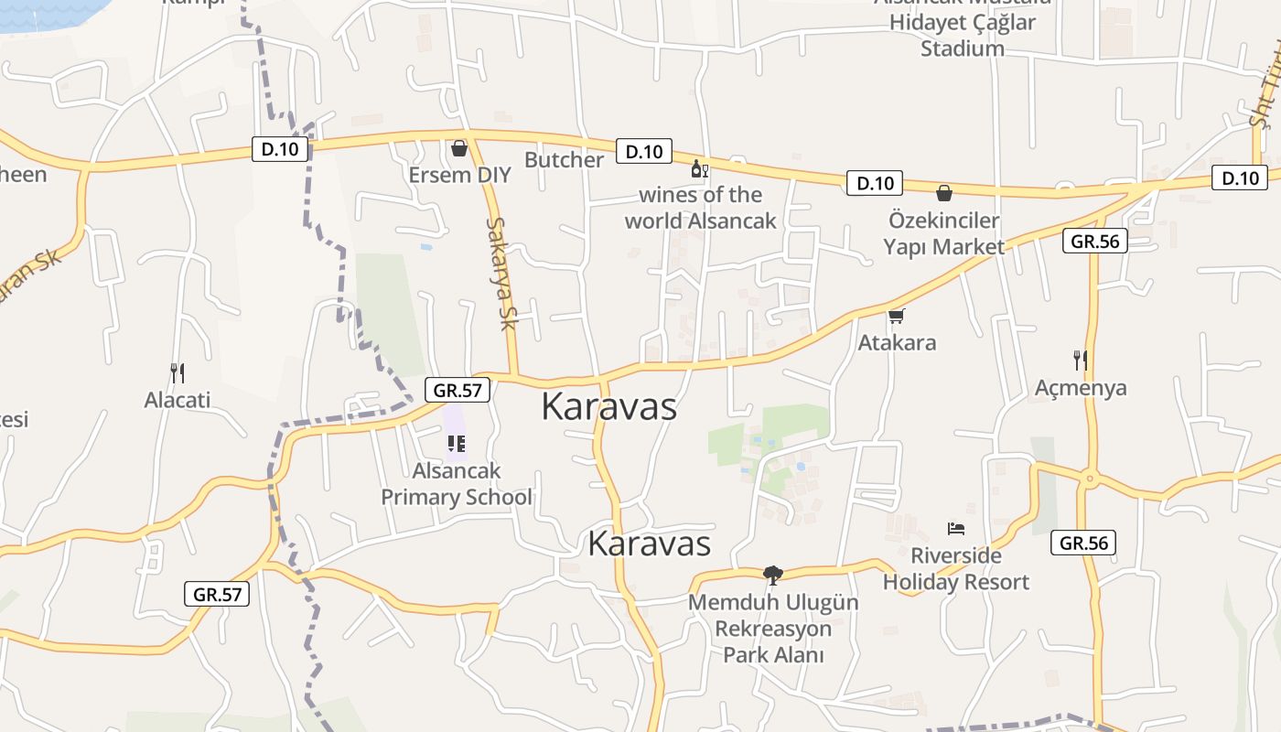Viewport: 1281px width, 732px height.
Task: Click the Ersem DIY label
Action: [x=460, y=175]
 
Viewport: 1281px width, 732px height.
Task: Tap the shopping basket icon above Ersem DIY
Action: [x=459, y=147]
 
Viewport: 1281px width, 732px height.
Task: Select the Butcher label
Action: [x=564, y=160]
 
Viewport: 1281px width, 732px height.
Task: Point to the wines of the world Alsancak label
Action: [x=700, y=208]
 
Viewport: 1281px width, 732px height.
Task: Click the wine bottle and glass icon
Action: [x=700, y=169]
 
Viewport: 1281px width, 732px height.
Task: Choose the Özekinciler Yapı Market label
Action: [x=943, y=233]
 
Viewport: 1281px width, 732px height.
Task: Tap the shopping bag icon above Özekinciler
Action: [x=944, y=193]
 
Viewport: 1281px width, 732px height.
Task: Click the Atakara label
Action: [x=897, y=343]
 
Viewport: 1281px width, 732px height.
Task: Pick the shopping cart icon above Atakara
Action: [x=897, y=317]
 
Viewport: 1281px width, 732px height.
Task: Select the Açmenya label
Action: [x=1081, y=388]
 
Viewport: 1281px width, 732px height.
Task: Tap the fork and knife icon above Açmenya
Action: [x=1081, y=360]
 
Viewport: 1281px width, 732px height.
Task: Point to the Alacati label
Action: [x=178, y=400]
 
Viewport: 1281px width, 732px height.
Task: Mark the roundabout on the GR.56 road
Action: [x=1090, y=477]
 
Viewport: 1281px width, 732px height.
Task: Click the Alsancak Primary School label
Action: [x=457, y=484]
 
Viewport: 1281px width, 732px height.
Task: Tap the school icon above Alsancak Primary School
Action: [x=457, y=444]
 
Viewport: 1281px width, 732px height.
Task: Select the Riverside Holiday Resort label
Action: [x=956, y=568]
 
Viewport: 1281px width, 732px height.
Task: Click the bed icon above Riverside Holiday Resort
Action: [x=956, y=529]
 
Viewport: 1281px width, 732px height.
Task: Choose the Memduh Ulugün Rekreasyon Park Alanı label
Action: [x=774, y=629]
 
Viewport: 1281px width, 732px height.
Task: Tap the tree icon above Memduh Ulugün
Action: [x=773, y=576]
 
